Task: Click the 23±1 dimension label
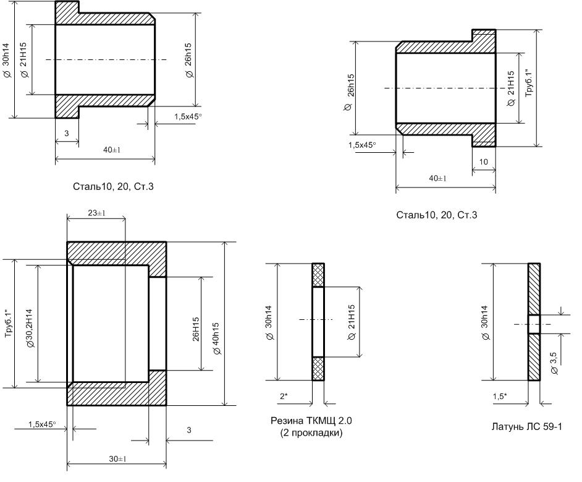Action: pos(96,213)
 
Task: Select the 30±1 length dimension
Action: pos(117,459)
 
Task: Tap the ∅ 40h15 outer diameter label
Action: pos(216,338)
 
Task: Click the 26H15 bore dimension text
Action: pos(196,329)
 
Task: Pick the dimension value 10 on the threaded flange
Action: pos(483,161)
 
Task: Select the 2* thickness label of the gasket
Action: pos(284,396)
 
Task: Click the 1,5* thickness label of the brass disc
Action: pos(500,396)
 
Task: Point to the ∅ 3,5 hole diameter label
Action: pos(554,363)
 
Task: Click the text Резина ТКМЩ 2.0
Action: pos(311,421)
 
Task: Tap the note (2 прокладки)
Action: pos(311,433)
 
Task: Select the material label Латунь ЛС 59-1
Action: pos(526,427)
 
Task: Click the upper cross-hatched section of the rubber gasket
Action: pos(318,275)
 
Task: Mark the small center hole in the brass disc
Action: pos(534,324)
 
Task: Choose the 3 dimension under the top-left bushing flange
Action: pos(67,133)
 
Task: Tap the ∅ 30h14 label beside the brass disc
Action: pos(485,322)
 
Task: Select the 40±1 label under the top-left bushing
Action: pos(112,150)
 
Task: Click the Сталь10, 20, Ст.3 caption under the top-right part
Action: pos(436,215)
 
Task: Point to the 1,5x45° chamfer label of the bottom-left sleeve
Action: pos(42,424)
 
